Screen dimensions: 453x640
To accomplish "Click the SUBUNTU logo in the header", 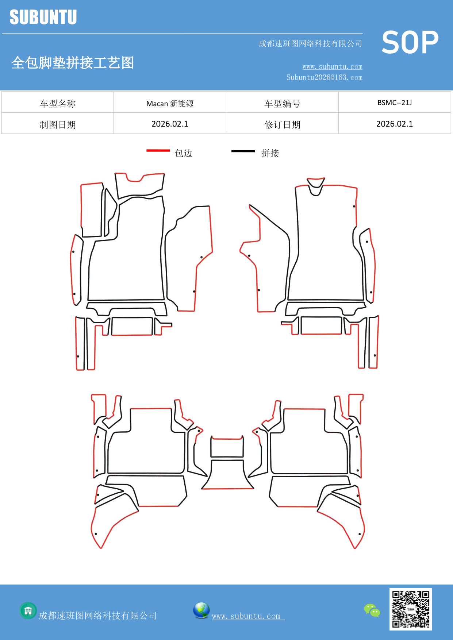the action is point(43,17).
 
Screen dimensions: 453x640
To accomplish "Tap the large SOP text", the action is point(410,42).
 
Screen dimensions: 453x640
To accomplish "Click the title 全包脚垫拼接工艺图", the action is point(73,63).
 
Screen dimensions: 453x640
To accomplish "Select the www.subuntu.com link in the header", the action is point(332,66).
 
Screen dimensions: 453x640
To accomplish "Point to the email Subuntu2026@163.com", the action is point(324,77).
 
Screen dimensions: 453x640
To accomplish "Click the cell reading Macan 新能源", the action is point(170,104).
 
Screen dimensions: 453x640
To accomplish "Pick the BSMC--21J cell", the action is point(395,103).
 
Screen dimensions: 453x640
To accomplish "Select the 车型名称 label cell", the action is point(58,104).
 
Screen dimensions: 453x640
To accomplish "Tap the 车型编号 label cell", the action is point(282,104).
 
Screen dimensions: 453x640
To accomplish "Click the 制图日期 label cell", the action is point(58,125).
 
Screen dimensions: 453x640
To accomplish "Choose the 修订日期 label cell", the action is point(282,125).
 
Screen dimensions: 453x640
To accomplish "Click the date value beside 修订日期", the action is point(395,124).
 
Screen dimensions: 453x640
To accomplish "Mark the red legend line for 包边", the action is point(158,150).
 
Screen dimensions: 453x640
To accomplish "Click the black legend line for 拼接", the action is point(243,151).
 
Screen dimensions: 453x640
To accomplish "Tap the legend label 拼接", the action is point(270,153).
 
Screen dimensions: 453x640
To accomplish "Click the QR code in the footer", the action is point(411,609).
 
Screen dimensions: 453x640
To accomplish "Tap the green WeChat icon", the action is point(372,610).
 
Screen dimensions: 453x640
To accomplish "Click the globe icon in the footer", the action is point(201,610).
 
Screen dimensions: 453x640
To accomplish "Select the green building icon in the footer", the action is point(28,610).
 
